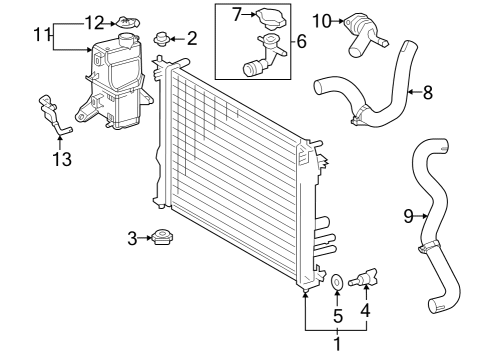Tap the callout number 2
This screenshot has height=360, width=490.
coord(192,39)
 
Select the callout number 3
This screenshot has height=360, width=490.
coord(131,238)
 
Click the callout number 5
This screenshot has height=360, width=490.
coord(336,314)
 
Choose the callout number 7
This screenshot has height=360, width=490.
coord(236,14)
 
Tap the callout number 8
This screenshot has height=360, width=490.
coord(427,94)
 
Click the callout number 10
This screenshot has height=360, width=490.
coord(322,19)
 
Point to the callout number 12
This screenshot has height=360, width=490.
coord(94,21)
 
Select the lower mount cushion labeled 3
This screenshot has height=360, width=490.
coord(160,239)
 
